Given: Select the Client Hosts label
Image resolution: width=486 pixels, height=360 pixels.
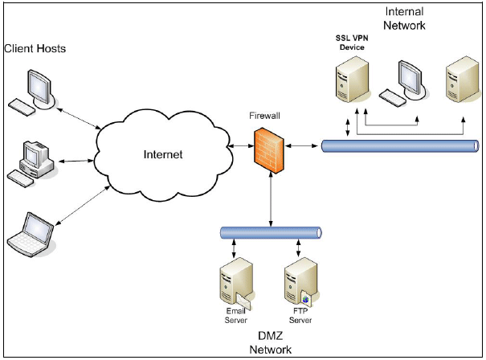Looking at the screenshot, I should (x=35, y=49).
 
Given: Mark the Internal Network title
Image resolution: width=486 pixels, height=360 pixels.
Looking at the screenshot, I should (x=405, y=18).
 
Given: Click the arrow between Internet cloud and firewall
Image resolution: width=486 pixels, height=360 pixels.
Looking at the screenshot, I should (x=238, y=147).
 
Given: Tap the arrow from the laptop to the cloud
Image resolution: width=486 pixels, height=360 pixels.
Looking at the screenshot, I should (x=83, y=206).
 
